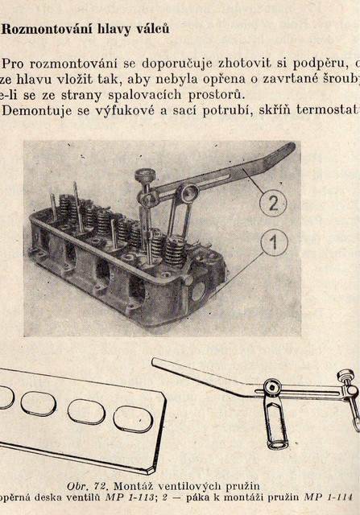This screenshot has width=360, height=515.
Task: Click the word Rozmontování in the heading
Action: point(45,30)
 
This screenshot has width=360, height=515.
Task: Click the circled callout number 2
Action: point(273,204)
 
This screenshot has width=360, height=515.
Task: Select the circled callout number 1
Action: point(274,243)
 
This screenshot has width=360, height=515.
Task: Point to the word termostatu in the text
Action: point(328,109)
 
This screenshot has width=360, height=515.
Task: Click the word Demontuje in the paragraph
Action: point(37,111)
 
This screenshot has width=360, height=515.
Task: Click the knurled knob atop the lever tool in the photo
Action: point(146,175)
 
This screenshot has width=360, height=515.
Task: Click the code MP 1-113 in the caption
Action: point(130,497)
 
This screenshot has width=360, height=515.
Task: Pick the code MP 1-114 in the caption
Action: point(328,496)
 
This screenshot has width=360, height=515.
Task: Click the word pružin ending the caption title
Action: point(242,486)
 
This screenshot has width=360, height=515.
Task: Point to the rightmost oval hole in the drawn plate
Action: point(133,420)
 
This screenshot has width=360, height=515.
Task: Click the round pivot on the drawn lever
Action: point(272,388)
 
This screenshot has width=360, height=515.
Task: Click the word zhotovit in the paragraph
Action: point(244,63)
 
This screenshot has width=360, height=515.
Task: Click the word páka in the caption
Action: point(197,497)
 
